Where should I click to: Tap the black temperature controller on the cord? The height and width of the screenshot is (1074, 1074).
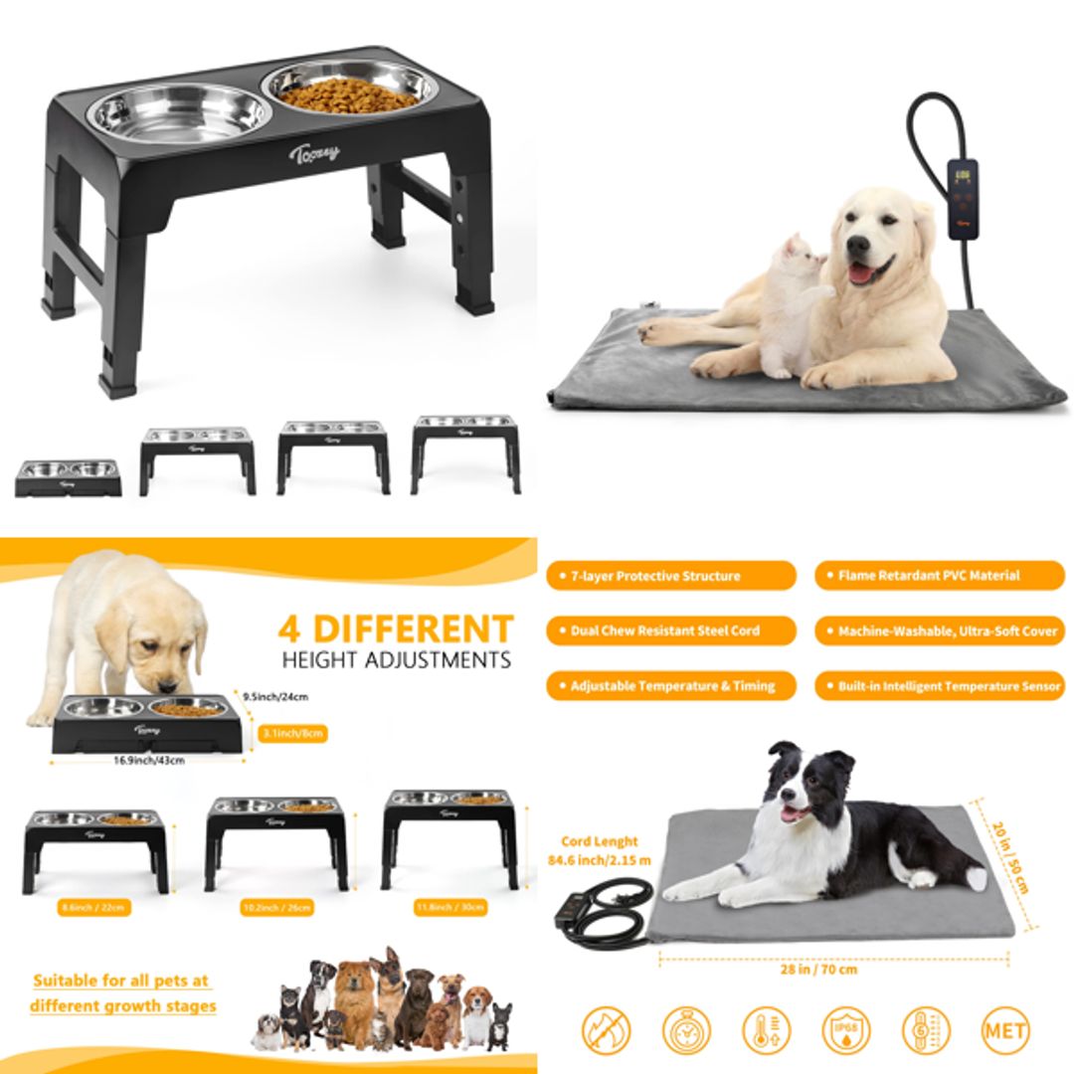pyautogui.click(x=963, y=198)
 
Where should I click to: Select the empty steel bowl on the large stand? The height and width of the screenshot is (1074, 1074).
pyautogui.click(x=180, y=110)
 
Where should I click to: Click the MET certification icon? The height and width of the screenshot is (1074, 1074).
pyautogui.click(x=1005, y=1030)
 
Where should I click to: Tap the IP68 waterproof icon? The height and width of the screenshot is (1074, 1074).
pyautogui.click(x=846, y=1030)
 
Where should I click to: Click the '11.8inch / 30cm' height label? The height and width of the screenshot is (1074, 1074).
pyautogui.click(x=448, y=907)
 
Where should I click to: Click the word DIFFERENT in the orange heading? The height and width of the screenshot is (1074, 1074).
pyautogui.click(x=413, y=629)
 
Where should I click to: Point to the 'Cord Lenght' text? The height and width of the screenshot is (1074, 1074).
pyautogui.click(x=599, y=841)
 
